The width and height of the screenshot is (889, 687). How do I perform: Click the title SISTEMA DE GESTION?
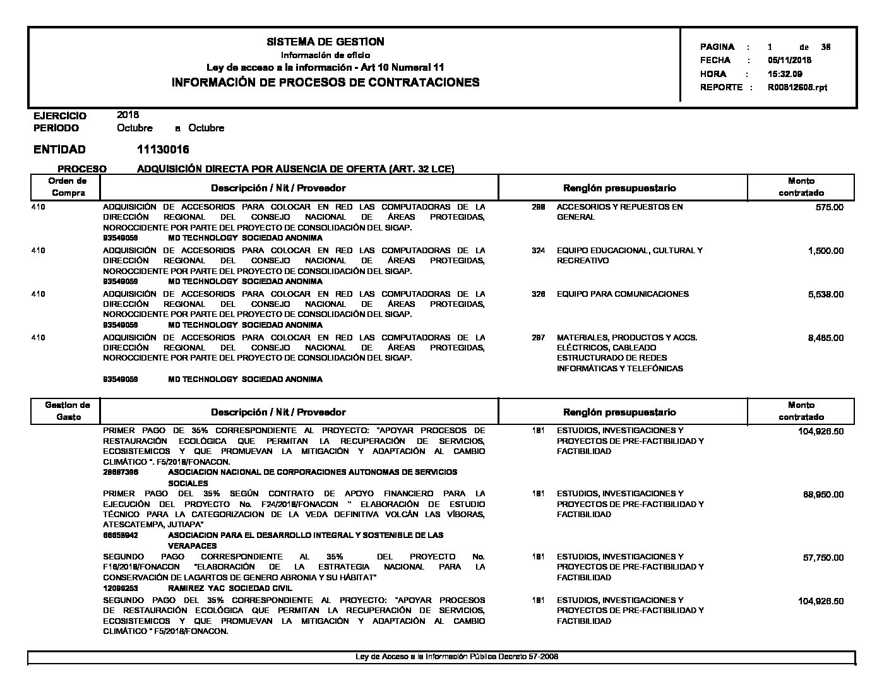coord(325,42)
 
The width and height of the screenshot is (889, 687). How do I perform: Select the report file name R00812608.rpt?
coord(797,88)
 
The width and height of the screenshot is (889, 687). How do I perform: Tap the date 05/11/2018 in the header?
coord(789,61)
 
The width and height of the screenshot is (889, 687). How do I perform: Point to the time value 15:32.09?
coord(785,74)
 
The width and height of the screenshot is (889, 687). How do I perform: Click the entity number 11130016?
coord(163,150)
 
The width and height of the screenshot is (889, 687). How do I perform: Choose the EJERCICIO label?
coord(60,116)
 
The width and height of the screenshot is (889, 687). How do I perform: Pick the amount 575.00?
coord(829,207)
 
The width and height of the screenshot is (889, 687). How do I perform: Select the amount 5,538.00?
coord(825,294)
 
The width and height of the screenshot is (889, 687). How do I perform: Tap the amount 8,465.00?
coord(825,338)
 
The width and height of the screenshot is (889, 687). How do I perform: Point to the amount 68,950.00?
coord(823,494)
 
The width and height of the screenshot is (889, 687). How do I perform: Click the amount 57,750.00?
coord(823,558)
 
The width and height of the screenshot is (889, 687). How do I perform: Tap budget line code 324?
coord(538,251)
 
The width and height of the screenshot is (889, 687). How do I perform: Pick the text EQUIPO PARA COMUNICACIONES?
coord(623,294)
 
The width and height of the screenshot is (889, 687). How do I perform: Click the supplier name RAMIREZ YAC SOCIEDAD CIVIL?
coord(230,588)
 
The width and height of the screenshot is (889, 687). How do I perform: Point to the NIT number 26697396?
coord(121,472)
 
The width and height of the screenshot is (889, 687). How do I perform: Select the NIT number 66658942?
coord(121,535)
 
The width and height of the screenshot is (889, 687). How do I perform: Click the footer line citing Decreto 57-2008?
coord(457,657)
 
